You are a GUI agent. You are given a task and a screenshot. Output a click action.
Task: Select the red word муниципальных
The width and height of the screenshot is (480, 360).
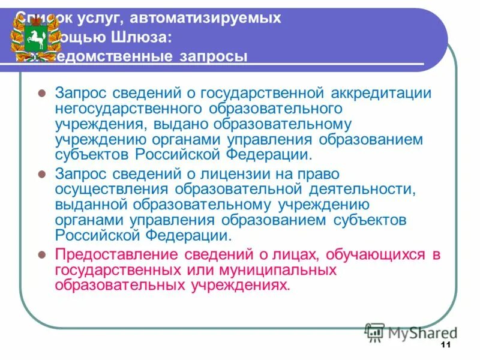click(269, 270)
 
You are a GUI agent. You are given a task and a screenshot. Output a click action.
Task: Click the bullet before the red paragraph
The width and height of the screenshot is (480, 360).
click(41, 254)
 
